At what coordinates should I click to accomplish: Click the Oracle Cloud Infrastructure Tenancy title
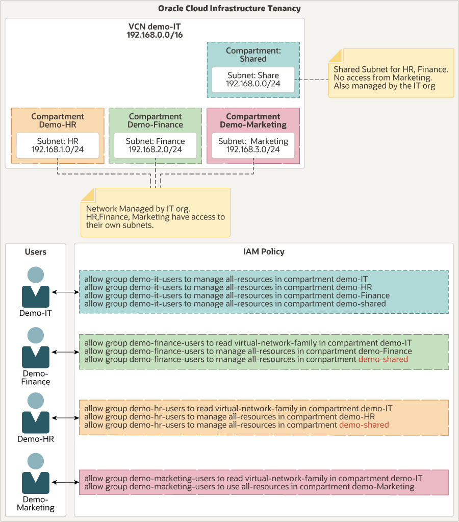coord(229,9)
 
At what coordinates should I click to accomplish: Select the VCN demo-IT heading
coord(155,31)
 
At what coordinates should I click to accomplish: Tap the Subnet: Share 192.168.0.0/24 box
coord(253,79)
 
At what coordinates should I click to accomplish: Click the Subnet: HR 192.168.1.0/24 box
coord(58,145)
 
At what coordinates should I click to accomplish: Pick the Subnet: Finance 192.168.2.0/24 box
coord(155,145)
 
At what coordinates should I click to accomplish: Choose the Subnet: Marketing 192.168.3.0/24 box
coord(253,145)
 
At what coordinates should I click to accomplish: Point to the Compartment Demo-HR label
coord(58,120)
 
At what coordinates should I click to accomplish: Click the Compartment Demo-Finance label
coord(155,120)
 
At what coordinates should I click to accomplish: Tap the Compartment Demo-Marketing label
coord(253,120)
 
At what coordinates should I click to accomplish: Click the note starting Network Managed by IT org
coord(155,213)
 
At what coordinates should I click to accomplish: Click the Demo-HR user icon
coord(36,413)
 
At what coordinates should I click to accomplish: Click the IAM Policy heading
coord(264,252)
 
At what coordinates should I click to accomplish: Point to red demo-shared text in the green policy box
coord(383,359)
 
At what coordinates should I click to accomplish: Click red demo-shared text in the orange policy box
coord(364,425)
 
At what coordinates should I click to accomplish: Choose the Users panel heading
coord(36,252)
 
